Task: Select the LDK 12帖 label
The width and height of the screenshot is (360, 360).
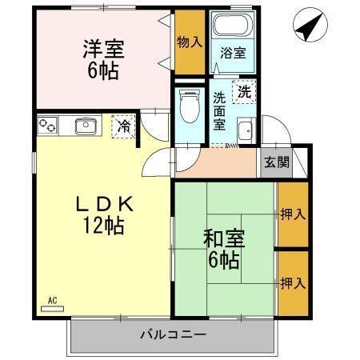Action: coord(102,214)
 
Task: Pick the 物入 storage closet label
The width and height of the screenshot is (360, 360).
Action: coord(189,42)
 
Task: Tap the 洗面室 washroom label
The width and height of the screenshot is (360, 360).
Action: coord(219,112)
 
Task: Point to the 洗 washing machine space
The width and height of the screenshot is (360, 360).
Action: coord(244,91)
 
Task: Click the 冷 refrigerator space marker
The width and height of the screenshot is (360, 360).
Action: coord(123,126)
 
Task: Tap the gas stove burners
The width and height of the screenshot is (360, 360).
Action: coord(47,126)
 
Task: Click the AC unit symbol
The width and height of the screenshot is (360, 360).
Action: coord(53,306)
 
